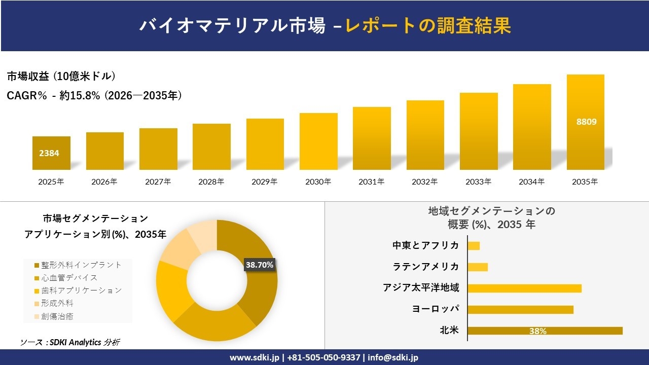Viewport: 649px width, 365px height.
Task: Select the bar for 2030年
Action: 318,141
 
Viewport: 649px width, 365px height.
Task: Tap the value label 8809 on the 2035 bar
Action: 586,122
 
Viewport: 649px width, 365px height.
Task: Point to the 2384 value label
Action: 49,153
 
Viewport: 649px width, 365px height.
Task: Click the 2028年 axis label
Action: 211,181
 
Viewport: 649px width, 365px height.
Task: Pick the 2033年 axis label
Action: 479,181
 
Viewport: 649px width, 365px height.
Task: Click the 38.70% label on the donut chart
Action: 260,265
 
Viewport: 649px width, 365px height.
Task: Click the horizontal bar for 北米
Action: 545,331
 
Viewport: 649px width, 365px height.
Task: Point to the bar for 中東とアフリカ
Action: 474,246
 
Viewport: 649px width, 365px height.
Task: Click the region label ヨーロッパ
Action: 436,309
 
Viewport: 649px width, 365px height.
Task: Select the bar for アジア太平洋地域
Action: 524,288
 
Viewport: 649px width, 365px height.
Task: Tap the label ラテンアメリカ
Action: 426,267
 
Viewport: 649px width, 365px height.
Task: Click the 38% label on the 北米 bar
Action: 537,331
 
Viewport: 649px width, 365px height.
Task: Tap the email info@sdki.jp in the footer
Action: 393,357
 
